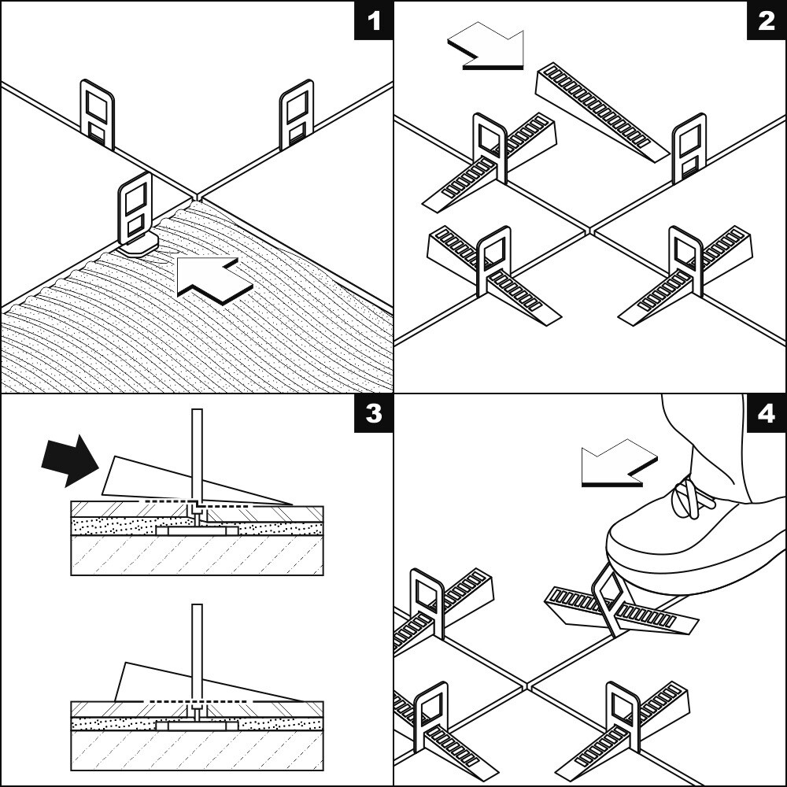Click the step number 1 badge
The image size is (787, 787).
pyautogui.click(x=373, y=20)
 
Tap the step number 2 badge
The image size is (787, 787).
pyautogui.click(x=767, y=20)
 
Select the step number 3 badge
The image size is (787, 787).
pyautogui.click(x=373, y=414)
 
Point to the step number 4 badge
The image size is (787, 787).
pyautogui.click(x=767, y=414)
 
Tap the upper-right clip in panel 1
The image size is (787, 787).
pyautogui.click(x=297, y=114)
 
